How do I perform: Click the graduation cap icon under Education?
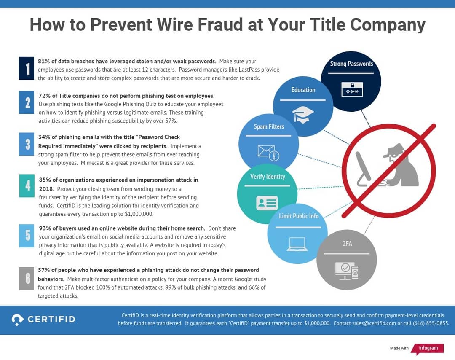coord(303,114)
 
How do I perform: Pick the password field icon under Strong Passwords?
coord(351,89)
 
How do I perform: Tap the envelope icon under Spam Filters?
coord(268,153)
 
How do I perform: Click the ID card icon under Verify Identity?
coord(267,203)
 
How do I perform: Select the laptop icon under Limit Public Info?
coord(297,244)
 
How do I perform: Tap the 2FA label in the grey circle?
coord(347,244)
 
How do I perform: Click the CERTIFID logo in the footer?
coord(43,319)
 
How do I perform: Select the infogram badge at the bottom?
coord(427,348)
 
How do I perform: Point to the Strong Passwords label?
coord(351,64)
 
